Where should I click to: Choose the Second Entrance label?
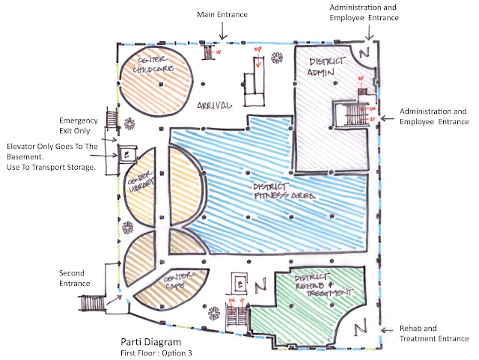point(75,278)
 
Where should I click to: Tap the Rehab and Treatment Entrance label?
point(424,334)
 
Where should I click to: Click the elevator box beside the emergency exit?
point(125,154)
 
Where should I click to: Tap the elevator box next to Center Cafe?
point(239,285)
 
